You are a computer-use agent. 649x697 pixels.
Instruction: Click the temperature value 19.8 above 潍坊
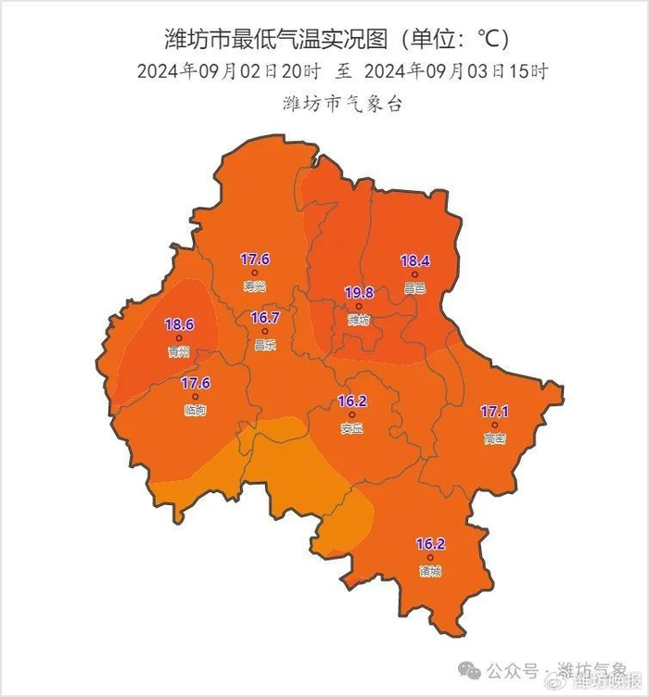[x=359, y=293]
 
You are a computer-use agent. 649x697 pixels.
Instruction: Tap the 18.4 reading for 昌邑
[x=414, y=261]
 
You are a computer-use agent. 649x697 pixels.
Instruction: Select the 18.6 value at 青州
[x=179, y=325]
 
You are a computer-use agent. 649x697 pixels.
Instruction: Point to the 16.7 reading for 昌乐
[x=264, y=318]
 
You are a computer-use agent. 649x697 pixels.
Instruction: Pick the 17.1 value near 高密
[x=494, y=412]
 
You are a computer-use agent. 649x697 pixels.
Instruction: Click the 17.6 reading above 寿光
[x=254, y=260]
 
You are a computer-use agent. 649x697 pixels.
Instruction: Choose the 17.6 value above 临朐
[x=195, y=383]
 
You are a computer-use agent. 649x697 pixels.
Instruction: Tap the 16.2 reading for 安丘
[x=351, y=401]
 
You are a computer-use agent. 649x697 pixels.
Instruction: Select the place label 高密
[x=494, y=438]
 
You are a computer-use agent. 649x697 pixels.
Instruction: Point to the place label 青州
[x=179, y=352]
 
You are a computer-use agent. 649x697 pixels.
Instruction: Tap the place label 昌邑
[x=414, y=288]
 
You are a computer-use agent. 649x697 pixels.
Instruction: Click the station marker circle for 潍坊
[x=359, y=306]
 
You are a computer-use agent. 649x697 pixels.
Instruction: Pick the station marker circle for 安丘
[x=351, y=415]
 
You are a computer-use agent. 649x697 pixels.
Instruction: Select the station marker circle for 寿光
[x=254, y=272]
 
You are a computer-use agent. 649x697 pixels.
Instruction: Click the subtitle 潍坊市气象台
[x=342, y=104]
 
